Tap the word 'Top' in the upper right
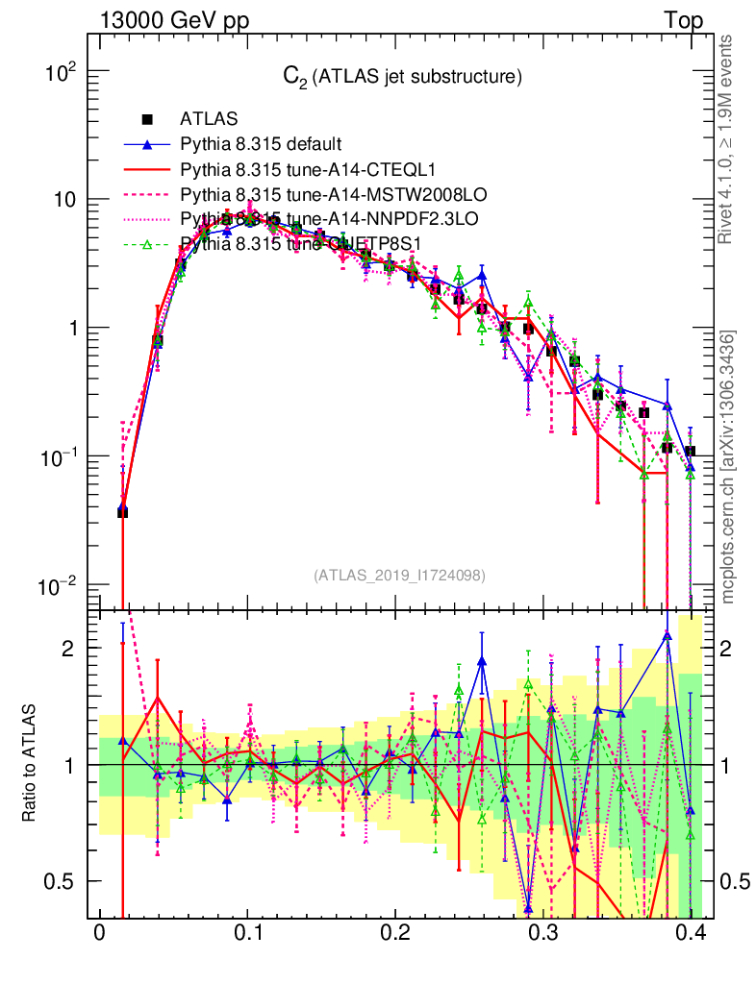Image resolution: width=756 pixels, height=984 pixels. pos(683,20)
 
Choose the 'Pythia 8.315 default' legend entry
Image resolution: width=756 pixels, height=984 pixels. pos(260,145)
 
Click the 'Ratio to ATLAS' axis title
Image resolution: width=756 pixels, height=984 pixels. pos(32,764)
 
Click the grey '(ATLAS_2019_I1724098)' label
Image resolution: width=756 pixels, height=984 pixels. pos(399,576)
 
